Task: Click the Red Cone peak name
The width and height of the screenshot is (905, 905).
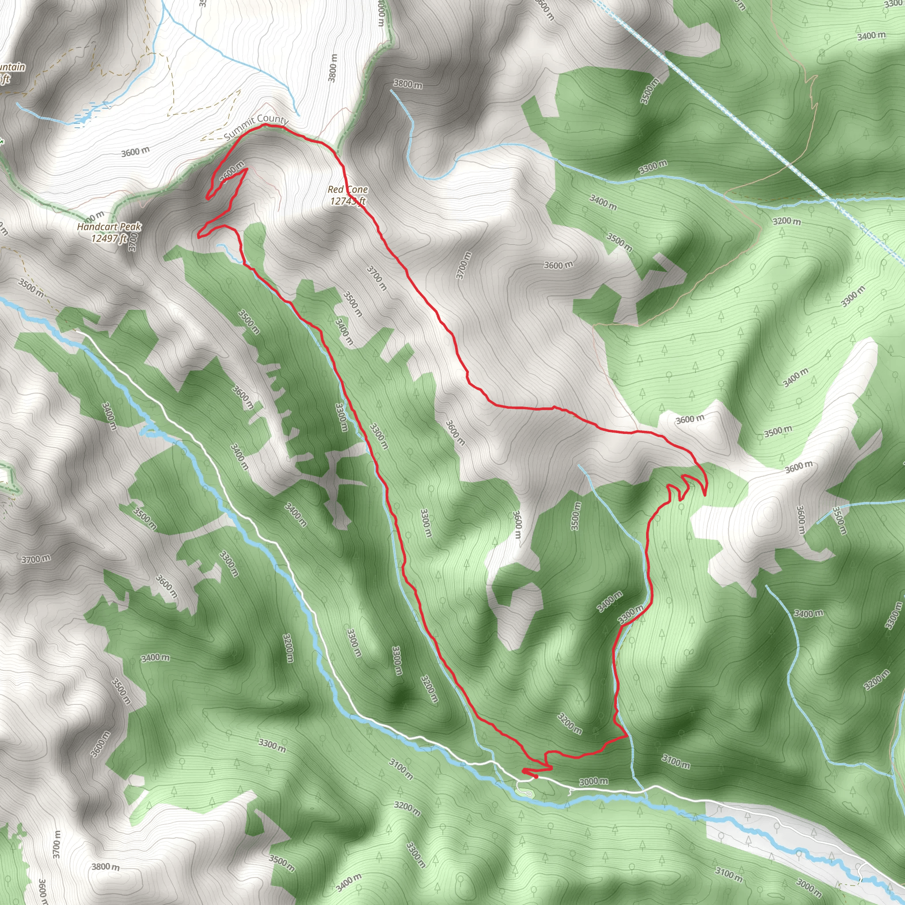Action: point(348,189)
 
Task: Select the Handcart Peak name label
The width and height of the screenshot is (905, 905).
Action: point(109,227)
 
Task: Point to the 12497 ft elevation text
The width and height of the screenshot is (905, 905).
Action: point(109,239)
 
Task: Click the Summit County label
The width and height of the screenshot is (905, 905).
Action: point(256,125)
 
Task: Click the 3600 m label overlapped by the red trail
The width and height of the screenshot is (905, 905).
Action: point(232,171)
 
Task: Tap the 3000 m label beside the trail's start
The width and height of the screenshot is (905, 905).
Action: point(593,781)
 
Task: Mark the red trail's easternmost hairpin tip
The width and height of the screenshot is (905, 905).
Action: point(705,493)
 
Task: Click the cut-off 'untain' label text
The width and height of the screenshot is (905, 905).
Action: point(13,67)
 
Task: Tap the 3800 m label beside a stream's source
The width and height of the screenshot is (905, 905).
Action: point(407,84)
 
